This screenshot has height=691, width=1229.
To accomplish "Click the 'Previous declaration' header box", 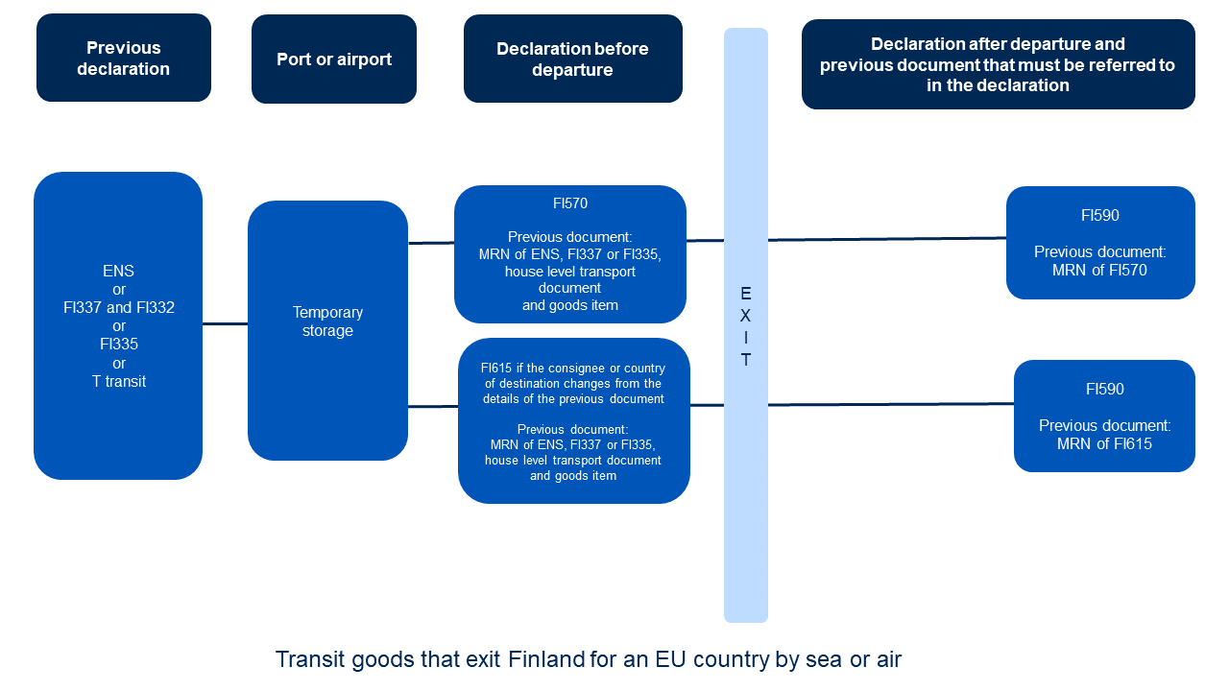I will point(123,58).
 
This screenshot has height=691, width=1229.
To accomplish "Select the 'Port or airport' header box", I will point(334,59).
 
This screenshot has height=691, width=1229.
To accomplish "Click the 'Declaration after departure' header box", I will point(998,64).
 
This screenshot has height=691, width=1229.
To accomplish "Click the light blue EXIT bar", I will point(745,499).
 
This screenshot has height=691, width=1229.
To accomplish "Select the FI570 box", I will point(569,254).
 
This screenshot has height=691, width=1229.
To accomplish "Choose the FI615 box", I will point(573,420).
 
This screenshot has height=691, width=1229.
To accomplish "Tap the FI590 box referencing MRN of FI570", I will point(1100,243).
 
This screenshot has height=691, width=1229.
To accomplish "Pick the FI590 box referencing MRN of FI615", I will point(1104,417).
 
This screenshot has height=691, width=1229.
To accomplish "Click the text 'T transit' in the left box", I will point(119,381).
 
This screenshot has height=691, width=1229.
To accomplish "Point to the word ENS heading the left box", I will point(119,272).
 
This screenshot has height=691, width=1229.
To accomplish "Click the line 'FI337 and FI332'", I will point(119,308).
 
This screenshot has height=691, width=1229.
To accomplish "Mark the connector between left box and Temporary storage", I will point(225,324).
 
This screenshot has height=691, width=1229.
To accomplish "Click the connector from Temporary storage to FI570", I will point(431,243).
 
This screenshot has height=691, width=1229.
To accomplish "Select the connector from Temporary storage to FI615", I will point(433,407).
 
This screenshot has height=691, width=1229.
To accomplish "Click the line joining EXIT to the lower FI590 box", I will point(890,404).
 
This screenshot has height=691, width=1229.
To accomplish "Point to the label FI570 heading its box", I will point(569,203).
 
